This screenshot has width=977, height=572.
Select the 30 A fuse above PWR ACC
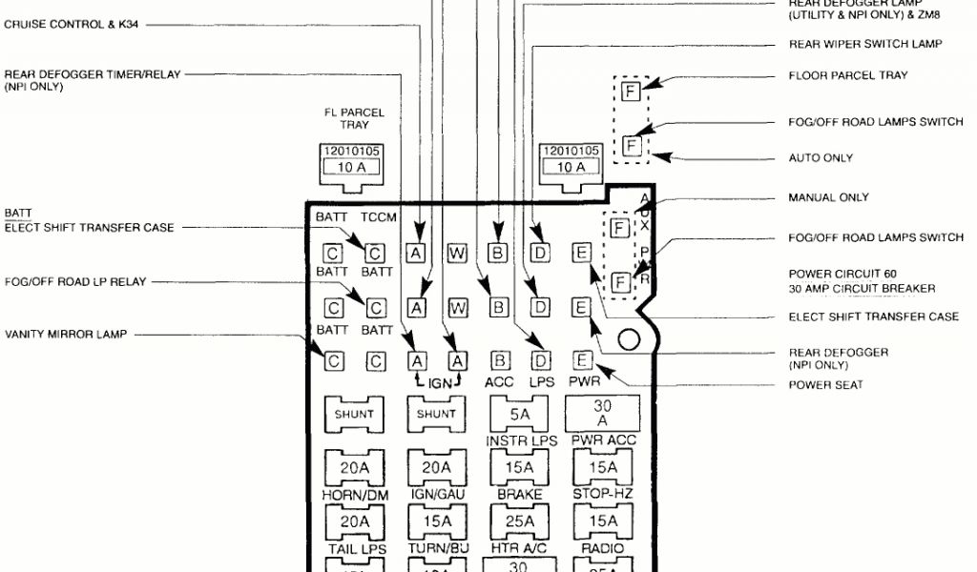602,415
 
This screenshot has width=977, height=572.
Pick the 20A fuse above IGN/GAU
436,467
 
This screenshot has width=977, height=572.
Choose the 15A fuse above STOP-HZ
602,467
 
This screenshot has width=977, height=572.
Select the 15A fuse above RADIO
602,521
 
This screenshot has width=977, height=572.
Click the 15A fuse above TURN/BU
436,521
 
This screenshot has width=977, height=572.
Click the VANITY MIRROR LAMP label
66,335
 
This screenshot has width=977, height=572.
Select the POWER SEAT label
825,385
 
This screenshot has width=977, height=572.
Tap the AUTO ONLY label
821,157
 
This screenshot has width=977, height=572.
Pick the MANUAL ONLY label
828,197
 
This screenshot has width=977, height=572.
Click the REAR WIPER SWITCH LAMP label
865,44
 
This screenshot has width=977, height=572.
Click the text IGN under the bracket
437,381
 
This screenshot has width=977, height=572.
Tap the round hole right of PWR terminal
629,339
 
